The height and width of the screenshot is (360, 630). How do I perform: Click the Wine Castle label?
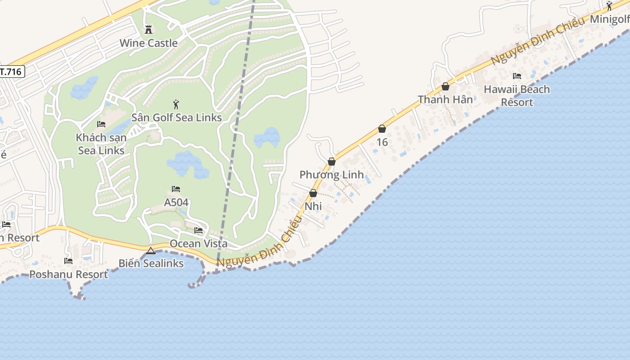148,43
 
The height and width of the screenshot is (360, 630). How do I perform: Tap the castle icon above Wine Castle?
148,30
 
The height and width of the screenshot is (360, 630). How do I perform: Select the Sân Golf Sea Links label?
176,117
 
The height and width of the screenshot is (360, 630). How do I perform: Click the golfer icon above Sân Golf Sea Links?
176,104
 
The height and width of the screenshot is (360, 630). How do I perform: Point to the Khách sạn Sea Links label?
101,144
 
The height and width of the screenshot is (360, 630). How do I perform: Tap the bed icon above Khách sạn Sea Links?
101,124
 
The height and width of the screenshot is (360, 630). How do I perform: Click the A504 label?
176,202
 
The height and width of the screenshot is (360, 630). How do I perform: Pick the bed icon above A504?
176,189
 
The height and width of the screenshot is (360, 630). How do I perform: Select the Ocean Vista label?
198,243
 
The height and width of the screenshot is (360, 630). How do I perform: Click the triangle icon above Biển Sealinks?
151,251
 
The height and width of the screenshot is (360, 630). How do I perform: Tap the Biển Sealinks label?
151,263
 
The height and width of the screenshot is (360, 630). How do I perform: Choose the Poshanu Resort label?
68,274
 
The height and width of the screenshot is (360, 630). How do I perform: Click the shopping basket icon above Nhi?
313,193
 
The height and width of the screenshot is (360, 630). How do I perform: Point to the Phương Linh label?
332,175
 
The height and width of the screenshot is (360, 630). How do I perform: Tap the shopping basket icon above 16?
382,129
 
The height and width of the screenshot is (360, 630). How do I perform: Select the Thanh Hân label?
445,99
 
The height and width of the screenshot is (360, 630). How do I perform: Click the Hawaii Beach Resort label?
517,96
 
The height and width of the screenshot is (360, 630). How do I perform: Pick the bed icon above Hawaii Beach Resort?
517,76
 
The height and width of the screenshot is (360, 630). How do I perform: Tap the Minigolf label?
609,19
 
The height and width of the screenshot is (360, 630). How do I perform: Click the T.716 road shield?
11,71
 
